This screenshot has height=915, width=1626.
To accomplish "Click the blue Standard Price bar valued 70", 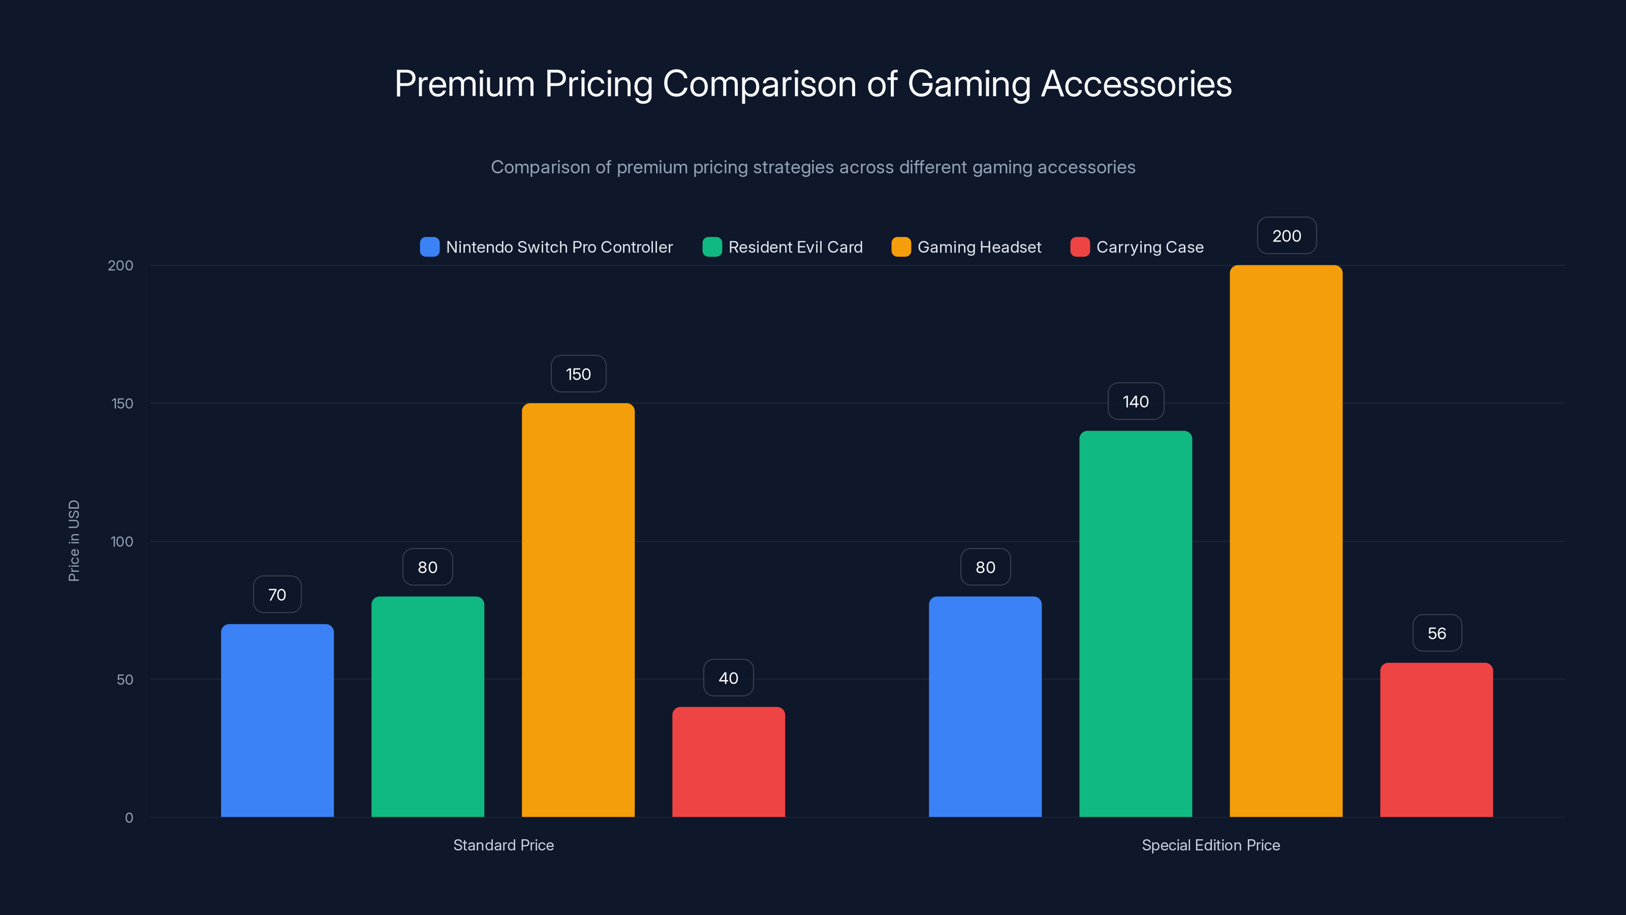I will (277, 720).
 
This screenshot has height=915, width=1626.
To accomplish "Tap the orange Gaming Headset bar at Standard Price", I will (578, 609).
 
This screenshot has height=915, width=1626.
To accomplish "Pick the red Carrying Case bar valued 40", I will (729, 761).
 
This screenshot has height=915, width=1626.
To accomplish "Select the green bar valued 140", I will (1135, 623).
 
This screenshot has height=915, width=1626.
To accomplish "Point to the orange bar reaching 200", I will (1286, 540).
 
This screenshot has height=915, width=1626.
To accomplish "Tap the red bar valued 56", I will (1436, 740).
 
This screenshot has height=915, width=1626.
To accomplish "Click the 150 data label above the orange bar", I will (578, 374).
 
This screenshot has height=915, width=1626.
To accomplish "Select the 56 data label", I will (1436, 633).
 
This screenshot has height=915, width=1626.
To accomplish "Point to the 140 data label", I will (1136, 402).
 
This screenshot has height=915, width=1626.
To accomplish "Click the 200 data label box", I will (1287, 235).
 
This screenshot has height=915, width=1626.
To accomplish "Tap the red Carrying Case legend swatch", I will (1080, 247).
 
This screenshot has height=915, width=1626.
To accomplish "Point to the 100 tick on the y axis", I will (122, 541).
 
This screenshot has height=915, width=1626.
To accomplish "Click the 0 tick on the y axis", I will (129, 818).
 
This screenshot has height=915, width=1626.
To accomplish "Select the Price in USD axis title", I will (74, 540).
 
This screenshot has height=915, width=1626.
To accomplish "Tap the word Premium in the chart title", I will (464, 83).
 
